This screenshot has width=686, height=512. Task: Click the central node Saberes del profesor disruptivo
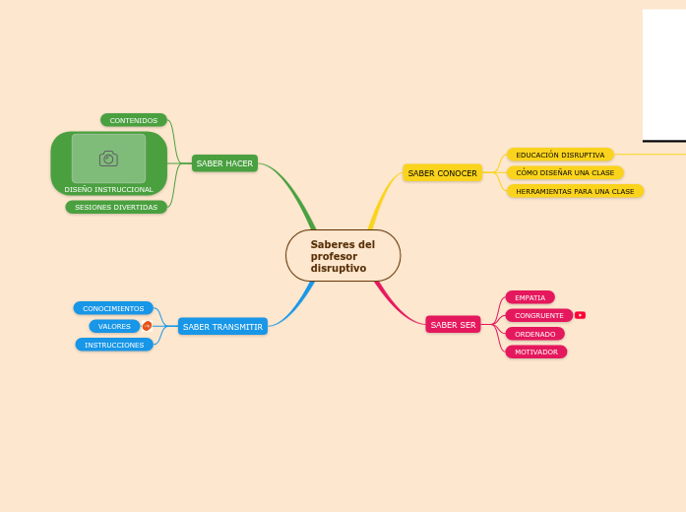pos(343,256)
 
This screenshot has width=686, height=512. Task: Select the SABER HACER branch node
pos(224,163)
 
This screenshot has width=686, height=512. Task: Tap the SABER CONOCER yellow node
pos(442,173)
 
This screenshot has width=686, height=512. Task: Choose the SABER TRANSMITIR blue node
pos(222,326)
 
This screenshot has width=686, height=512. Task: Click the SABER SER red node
pos(453,325)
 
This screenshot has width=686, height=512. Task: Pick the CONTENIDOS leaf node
pos(133,120)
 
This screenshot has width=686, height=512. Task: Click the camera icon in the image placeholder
pos(108,159)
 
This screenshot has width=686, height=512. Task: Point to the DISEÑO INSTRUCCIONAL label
pos(108,189)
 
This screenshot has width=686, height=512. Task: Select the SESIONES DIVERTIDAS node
pos(116,207)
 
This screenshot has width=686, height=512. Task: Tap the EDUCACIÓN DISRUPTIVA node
pos(560,155)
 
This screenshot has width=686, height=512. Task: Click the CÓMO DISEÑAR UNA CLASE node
pos(565,172)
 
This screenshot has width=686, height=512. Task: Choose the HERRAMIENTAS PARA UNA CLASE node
pos(575,191)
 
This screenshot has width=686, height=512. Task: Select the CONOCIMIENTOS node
pos(113,308)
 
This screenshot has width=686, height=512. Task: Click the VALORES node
pos(114,326)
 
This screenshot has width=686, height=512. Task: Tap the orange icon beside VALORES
pos(147,326)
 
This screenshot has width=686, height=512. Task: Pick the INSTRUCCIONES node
pos(114,345)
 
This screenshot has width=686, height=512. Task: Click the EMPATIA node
pos(530,297)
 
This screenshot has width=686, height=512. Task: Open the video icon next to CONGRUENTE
pos(580,315)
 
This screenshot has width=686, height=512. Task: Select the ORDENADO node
pos(534,334)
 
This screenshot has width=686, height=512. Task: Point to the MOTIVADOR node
pos(535,352)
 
